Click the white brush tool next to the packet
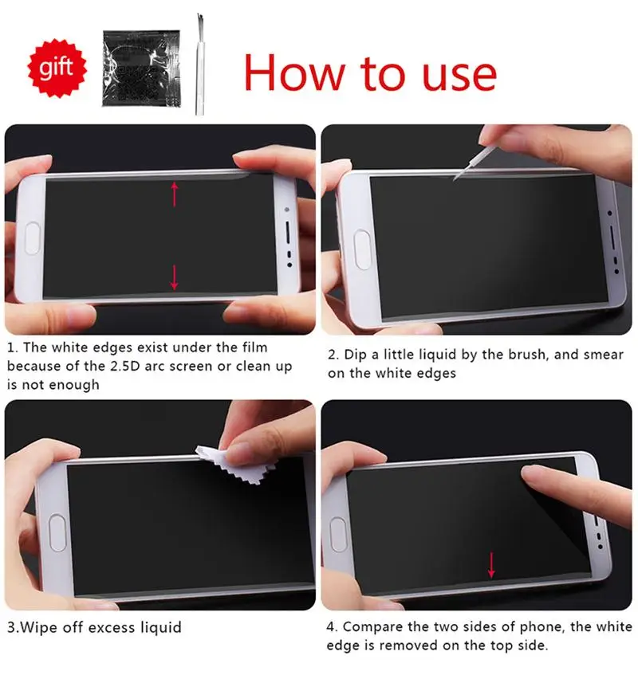(x=199, y=68)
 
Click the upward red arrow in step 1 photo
(x=174, y=194)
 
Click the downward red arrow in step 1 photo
(x=174, y=277)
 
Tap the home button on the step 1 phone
(x=33, y=237)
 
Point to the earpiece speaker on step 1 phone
(x=288, y=235)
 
